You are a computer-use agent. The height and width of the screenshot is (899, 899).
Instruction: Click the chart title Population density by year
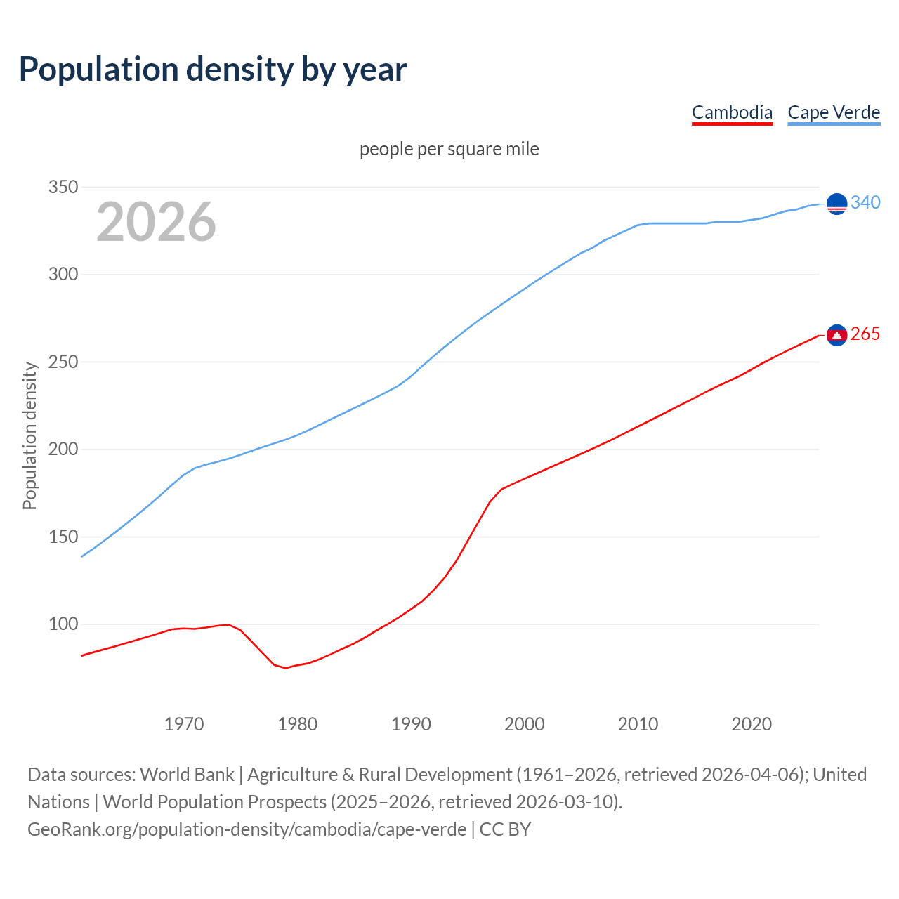pos(213,70)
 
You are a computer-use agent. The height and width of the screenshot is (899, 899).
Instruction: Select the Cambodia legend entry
pos(732,112)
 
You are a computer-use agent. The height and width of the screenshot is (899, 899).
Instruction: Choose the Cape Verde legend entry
pos(834,112)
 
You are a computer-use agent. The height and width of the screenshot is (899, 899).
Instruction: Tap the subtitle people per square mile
pos(449,150)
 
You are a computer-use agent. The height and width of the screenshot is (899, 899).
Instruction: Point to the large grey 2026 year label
pos(156,222)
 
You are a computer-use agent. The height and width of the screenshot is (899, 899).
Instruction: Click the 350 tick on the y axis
pos(63,188)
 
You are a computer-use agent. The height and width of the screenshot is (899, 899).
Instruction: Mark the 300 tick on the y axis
pos(63,275)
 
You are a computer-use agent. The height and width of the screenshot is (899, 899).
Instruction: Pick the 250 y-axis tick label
pos(63,362)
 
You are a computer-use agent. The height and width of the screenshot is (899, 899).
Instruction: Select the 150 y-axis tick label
pos(63,537)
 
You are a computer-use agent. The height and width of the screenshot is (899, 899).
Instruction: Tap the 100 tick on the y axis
pos(63,624)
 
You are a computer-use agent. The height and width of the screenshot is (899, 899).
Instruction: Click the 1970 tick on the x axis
pos(184,724)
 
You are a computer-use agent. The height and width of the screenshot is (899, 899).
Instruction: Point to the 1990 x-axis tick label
pos(411,724)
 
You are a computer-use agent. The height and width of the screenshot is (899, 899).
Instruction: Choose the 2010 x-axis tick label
pos(638,724)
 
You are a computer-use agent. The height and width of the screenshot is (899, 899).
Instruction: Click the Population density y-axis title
pos(29,435)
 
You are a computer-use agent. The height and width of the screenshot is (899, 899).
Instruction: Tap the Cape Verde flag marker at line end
pos(836,204)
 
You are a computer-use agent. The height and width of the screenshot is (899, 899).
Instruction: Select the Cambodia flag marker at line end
pos(836,335)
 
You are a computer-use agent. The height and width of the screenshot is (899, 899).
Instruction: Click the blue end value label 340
pos(865,203)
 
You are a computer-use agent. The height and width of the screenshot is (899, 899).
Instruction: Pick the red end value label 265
pos(865,334)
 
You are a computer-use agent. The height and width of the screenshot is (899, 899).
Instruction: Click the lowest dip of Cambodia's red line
pos(285,667)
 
